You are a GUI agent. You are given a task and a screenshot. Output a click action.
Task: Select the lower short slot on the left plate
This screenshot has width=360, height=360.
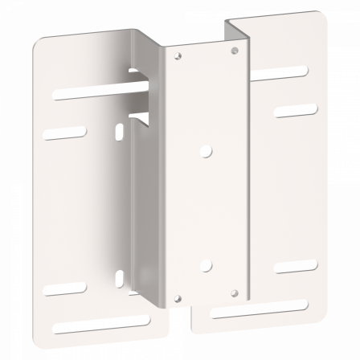click(64, 287)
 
